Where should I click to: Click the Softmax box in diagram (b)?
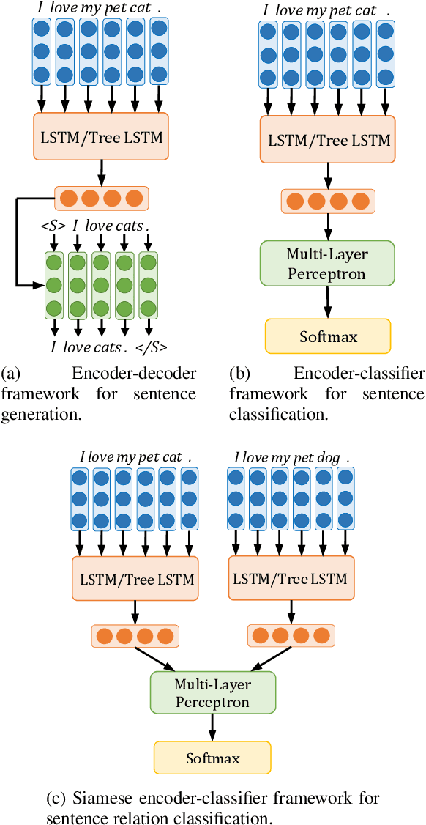click(327, 336)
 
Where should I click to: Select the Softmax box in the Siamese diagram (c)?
click(212, 758)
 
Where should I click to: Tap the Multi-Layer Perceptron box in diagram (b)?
click(327, 263)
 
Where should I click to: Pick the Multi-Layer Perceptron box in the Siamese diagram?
click(212, 692)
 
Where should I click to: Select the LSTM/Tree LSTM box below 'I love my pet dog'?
click(289, 578)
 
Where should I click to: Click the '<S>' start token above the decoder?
click(54, 226)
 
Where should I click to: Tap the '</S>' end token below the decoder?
click(154, 347)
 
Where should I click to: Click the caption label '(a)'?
click(10, 374)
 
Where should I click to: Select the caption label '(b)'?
click(239, 374)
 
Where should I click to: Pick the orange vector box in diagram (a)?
click(101, 198)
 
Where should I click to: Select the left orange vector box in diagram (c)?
click(134, 635)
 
